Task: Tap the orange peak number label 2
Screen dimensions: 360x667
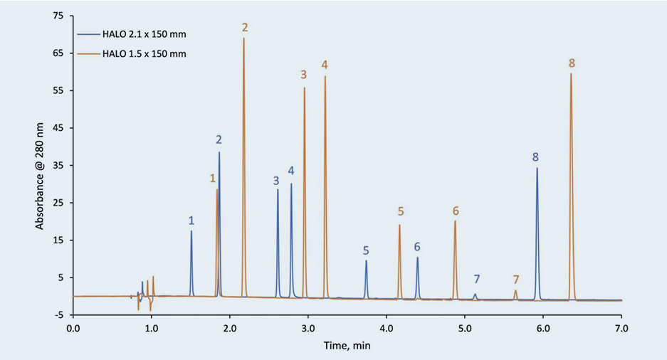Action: (x=244, y=27)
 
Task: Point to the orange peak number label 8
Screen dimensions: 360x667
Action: (x=572, y=63)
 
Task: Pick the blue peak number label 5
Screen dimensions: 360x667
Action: (x=366, y=250)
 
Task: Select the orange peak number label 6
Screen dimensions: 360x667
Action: (x=456, y=211)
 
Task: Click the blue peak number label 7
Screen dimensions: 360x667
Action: (x=476, y=278)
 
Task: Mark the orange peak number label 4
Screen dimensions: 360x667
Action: (x=325, y=65)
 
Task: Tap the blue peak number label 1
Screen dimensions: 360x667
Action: (x=191, y=221)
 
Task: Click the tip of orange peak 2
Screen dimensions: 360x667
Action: (x=243, y=38)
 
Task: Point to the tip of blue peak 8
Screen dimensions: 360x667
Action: (x=537, y=168)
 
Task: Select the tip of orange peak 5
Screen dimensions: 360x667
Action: (x=399, y=225)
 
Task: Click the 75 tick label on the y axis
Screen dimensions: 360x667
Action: (x=58, y=16)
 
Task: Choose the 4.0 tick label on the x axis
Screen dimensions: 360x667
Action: (x=386, y=328)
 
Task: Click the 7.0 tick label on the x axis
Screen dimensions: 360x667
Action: (x=621, y=328)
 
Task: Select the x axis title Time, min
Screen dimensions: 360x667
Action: (x=347, y=346)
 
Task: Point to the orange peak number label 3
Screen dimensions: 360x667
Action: (x=303, y=74)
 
